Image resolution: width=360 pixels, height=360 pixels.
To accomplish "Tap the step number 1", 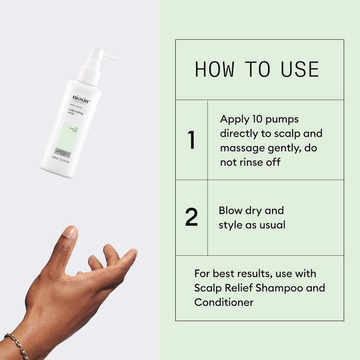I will point(191,140).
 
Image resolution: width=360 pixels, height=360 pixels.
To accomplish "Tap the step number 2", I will point(191,218).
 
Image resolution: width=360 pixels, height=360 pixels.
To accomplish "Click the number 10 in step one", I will point(259,119).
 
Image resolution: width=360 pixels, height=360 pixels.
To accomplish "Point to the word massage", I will point(240,148).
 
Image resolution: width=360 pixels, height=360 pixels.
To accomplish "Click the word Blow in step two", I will point(230,210).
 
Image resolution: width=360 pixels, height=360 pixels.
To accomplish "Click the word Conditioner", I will point(224,302).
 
